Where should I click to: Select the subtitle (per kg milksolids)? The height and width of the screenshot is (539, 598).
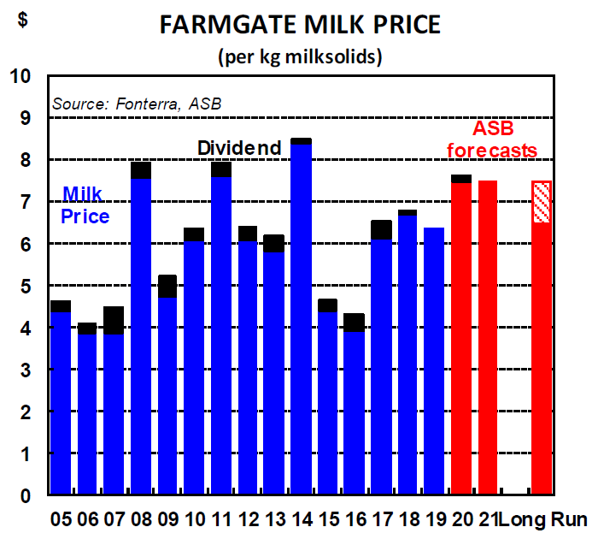point(300,57)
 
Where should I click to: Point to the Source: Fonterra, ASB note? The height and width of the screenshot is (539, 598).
point(137,104)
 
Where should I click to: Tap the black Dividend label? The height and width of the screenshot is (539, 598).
point(239,148)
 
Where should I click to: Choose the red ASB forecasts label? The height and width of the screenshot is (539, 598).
point(504,140)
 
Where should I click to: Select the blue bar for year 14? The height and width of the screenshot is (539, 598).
point(301,317)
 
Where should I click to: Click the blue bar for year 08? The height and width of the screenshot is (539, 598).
point(141,334)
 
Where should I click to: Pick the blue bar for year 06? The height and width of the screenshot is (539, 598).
point(87,411)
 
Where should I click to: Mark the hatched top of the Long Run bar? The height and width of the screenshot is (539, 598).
point(542,202)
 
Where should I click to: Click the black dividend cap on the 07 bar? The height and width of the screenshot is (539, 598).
point(114,320)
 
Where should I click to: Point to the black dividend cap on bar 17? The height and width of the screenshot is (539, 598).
point(381,229)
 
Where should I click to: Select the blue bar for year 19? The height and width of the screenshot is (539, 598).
point(435,359)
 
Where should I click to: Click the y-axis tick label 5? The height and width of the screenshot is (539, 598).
point(25,287)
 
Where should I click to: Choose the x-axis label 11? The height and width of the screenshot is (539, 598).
point(221,519)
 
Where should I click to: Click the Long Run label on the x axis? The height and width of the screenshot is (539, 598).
point(542,519)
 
